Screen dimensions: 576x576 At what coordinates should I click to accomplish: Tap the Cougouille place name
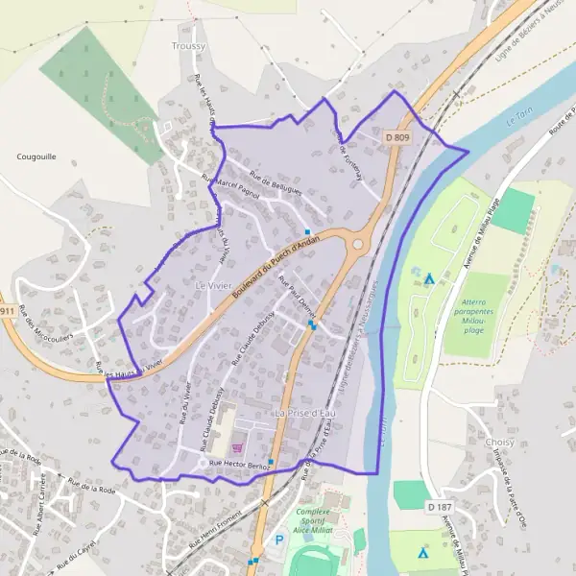[36, 156]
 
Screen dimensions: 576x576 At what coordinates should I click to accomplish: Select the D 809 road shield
[398, 138]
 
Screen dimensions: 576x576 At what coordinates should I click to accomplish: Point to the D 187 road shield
[439, 506]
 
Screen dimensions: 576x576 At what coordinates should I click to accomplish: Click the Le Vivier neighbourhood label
[214, 286]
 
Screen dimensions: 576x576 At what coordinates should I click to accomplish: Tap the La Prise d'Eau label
[306, 413]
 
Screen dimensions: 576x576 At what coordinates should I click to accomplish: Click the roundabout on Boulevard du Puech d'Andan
[358, 244]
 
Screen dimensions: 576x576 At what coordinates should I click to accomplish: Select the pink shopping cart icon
[237, 433]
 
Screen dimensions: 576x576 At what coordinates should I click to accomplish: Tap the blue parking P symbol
[280, 540]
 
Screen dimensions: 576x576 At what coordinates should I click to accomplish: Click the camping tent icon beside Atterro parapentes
[429, 279]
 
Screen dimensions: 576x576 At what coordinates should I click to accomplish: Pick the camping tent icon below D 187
[422, 553]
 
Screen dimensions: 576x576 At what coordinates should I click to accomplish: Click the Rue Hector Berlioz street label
[239, 465]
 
